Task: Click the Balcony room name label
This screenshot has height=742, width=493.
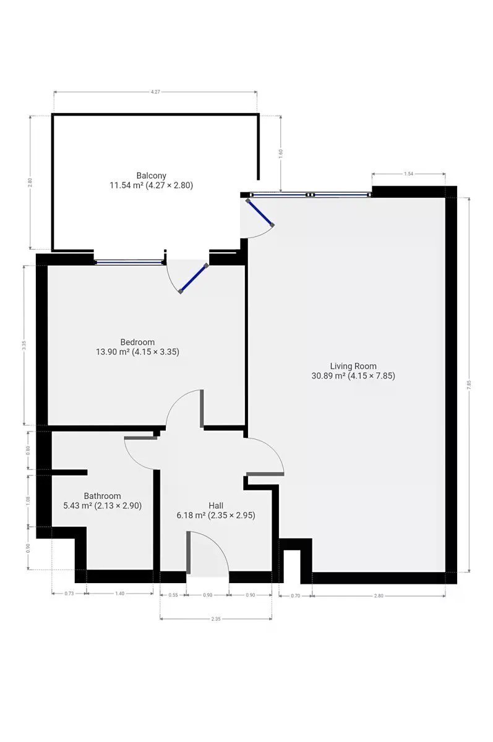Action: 151,175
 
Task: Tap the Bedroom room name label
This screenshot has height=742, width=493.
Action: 137,342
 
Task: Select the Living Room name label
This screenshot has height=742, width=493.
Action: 353,366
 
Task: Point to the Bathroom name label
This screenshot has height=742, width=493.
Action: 102,496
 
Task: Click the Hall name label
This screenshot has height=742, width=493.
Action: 216,506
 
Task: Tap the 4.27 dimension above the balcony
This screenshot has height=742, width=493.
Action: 155,92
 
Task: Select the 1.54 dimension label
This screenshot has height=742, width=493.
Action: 408,174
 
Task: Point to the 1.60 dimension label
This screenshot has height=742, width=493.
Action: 281,153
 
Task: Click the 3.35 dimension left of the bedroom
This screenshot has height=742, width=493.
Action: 24,345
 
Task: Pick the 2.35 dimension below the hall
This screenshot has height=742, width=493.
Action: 215,619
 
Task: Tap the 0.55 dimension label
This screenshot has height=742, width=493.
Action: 173,595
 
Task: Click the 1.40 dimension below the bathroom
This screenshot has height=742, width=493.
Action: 119,593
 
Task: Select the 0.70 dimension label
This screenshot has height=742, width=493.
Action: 295,595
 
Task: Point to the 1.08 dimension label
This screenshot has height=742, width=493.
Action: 28,500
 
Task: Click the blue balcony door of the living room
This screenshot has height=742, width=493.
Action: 260,213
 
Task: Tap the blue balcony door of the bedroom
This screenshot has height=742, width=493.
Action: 194,278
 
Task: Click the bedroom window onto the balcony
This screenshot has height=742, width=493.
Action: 129,262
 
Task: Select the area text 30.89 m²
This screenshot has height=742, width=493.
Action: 328,376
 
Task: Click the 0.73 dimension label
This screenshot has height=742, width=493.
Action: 69,593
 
